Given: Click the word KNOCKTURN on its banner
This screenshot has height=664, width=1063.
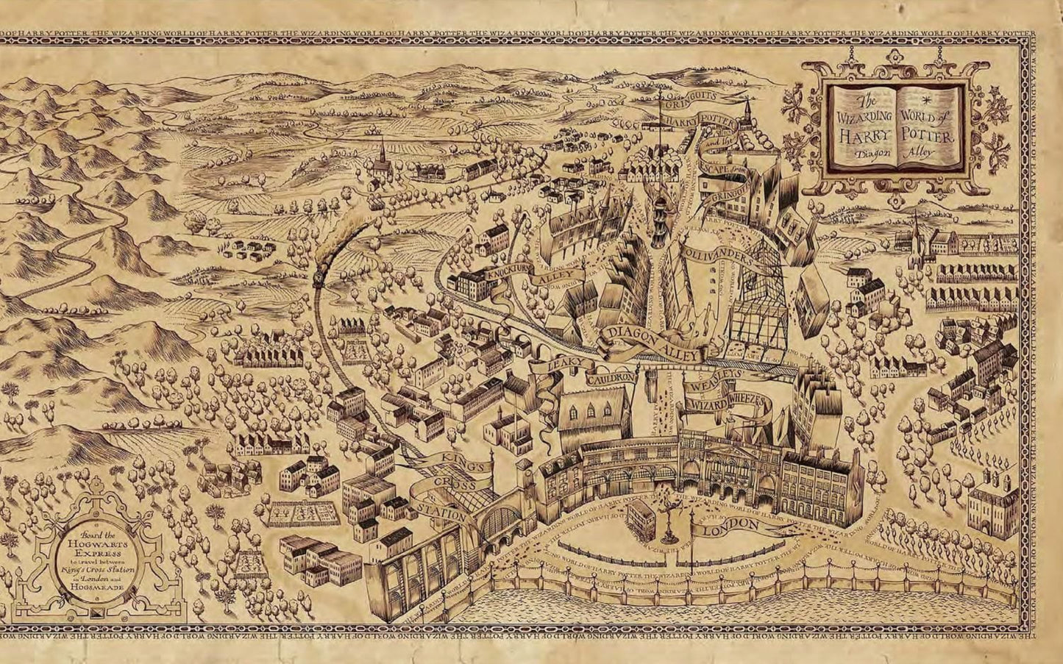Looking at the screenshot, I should (x=508, y=276).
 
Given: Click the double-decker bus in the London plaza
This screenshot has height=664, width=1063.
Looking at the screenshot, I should (x=639, y=518).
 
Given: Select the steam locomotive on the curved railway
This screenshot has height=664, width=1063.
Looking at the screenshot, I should (x=320, y=273).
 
